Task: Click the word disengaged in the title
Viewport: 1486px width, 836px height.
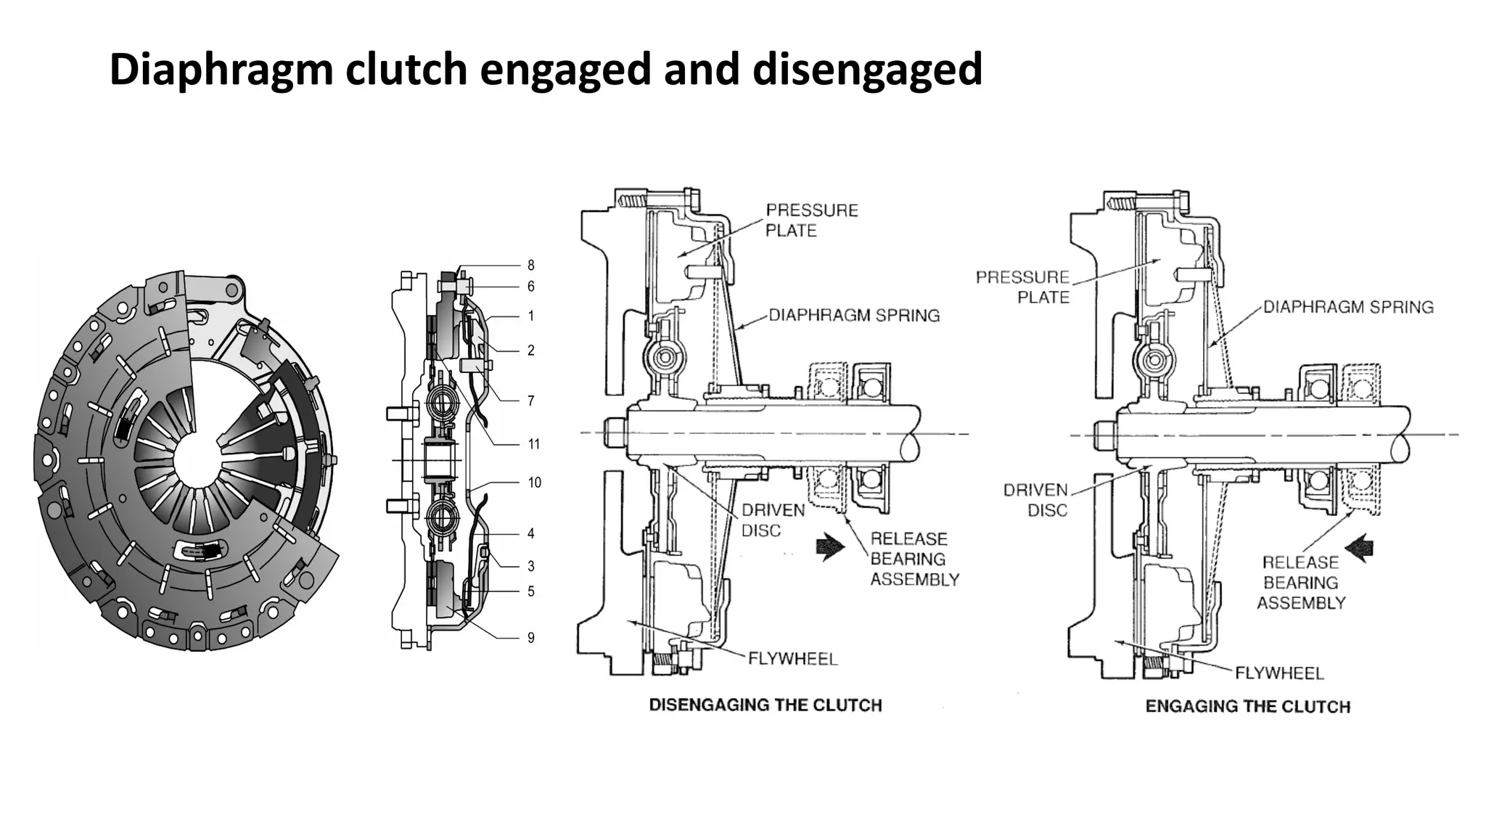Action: (867, 70)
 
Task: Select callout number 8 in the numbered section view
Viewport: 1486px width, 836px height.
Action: (530, 266)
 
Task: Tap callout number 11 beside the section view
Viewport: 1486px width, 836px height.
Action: (533, 444)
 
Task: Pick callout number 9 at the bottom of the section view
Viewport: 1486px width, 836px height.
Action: (530, 638)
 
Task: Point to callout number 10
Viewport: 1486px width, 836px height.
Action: (534, 483)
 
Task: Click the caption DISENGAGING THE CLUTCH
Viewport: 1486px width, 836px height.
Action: (765, 705)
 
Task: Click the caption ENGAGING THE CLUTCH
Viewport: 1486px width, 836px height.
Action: (1247, 707)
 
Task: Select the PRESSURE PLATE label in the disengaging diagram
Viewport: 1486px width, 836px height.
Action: (811, 221)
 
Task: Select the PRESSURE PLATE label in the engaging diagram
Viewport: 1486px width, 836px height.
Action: (1022, 287)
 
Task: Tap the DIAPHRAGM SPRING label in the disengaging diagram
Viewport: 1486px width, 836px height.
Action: (854, 316)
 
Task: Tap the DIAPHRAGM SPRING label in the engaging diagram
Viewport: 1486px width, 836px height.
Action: (1348, 307)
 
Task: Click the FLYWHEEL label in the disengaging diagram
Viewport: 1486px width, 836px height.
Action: (792, 659)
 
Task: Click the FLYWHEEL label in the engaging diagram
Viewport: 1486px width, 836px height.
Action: (1279, 673)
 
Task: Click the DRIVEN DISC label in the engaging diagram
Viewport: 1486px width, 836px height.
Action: (1036, 501)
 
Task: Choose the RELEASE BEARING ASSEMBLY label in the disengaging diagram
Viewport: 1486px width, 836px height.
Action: (914, 560)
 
